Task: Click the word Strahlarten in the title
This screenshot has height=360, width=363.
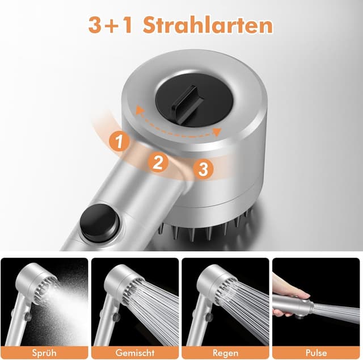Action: click(x=208, y=25)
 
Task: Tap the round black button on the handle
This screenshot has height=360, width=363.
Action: click(x=99, y=223)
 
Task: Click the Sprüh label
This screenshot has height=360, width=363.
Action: click(x=44, y=352)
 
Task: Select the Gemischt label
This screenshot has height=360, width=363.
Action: click(x=135, y=352)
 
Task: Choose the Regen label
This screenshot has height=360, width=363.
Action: click(x=225, y=352)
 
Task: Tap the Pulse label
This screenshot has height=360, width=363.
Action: click(x=316, y=352)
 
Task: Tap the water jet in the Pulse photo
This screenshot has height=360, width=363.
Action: click(x=337, y=312)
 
